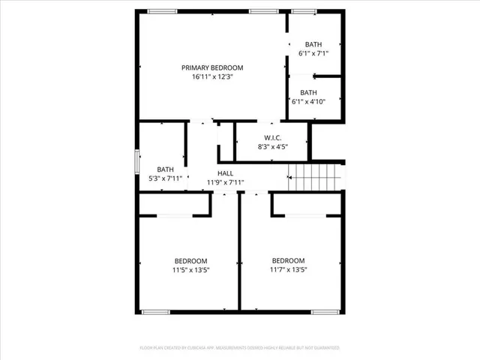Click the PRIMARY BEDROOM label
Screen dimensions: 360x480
(x=212, y=67)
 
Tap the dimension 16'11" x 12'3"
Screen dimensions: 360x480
(x=212, y=76)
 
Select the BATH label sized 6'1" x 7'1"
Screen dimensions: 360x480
(x=313, y=44)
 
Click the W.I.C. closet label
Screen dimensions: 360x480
(x=271, y=137)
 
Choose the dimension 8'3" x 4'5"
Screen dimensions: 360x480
(x=271, y=147)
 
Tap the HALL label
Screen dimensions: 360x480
(x=225, y=173)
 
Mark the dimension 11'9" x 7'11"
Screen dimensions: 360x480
(x=225, y=182)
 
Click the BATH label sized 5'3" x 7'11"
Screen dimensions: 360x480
(x=165, y=169)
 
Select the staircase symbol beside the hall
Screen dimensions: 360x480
(x=314, y=178)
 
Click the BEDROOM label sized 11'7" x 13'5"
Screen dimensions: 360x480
(x=288, y=261)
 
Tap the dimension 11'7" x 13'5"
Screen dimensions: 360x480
(x=288, y=270)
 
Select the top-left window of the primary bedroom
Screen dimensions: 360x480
(x=162, y=11)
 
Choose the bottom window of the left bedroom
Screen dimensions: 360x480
(x=156, y=311)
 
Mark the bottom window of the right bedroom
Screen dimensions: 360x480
(x=325, y=311)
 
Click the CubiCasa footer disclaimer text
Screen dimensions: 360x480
(x=240, y=348)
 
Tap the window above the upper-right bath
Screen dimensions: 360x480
(x=303, y=11)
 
